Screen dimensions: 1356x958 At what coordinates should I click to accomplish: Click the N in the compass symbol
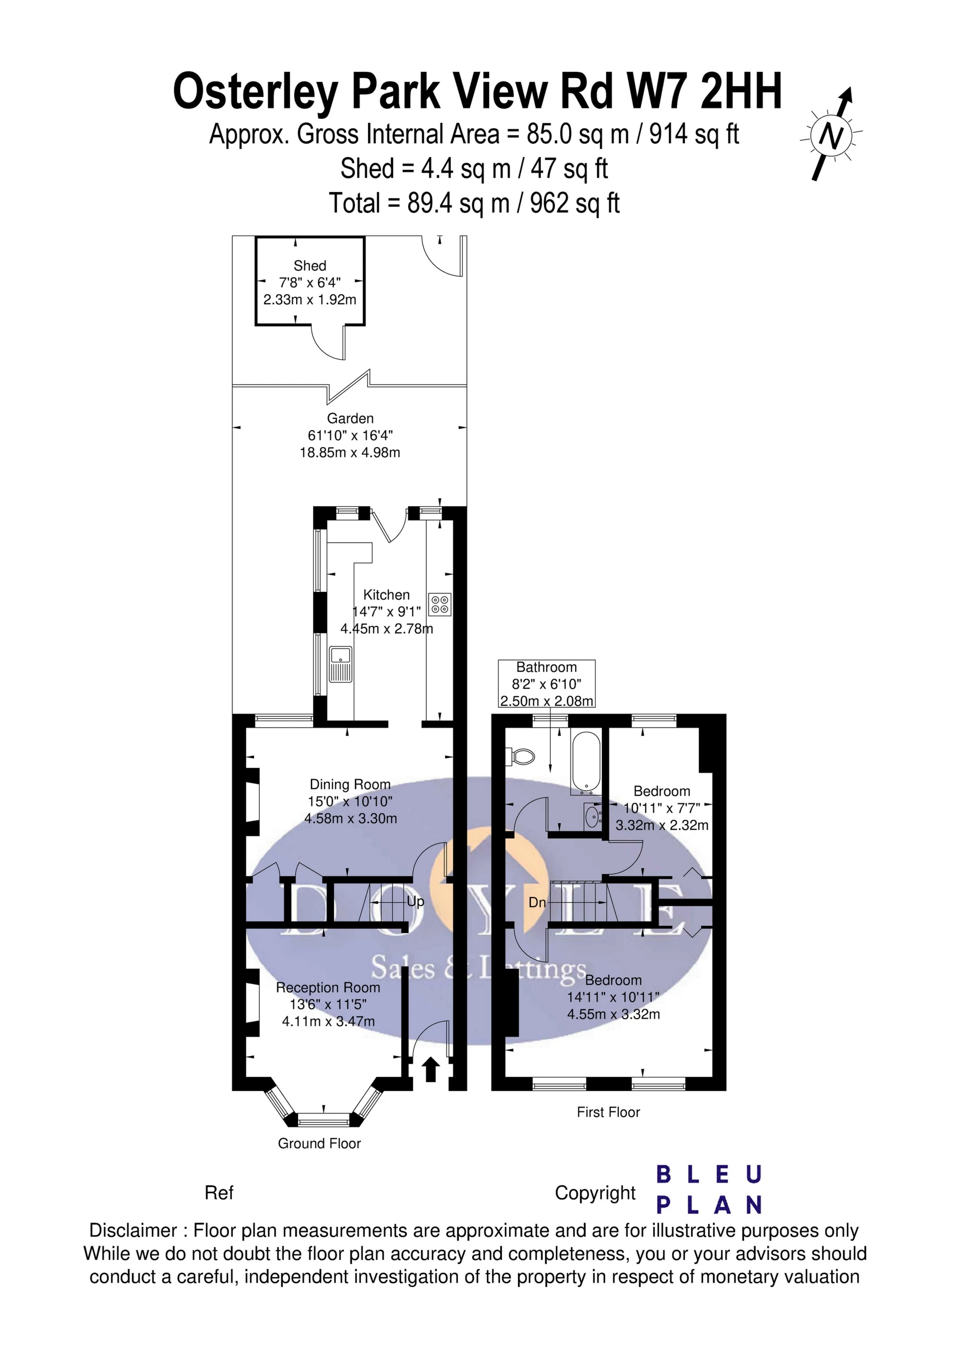(x=832, y=137)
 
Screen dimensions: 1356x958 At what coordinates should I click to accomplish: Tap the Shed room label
(x=309, y=266)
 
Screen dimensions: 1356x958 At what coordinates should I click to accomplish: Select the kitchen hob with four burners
(x=440, y=604)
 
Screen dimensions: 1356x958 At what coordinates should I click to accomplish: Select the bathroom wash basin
(x=592, y=817)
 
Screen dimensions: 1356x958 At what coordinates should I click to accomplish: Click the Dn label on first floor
(x=537, y=902)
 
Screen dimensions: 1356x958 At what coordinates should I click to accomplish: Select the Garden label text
(x=350, y=419)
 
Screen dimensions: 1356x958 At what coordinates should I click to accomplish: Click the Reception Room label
(x=328, y=987)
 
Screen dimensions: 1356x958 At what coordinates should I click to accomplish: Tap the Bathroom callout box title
(x=546, y=668)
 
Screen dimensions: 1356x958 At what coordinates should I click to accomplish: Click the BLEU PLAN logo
(x=709, y=1189)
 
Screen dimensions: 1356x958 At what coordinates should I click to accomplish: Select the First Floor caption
(x=608, y=1112)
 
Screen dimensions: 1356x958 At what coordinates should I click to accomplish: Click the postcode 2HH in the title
(x=741, y=91)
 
